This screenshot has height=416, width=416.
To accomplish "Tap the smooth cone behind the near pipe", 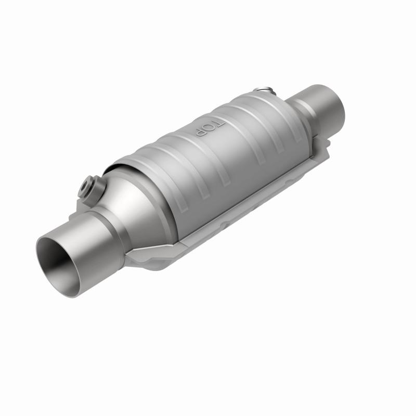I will click(x=135, y=208).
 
